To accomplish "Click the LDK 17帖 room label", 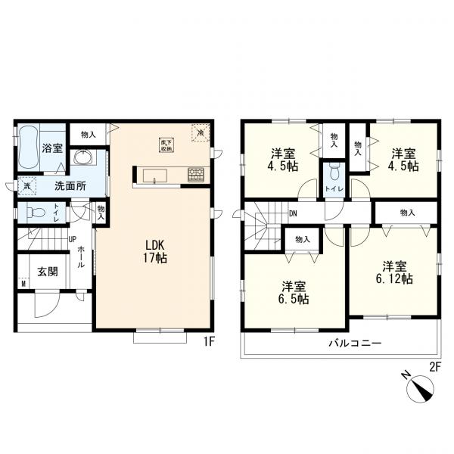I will point(156,251).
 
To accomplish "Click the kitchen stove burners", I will point(195,174).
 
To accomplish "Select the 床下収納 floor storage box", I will point(164,141).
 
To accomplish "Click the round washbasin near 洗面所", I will point(82,158).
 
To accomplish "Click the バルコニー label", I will point(349,343).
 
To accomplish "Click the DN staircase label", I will point(293,215).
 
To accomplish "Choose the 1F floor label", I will point(210,342).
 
